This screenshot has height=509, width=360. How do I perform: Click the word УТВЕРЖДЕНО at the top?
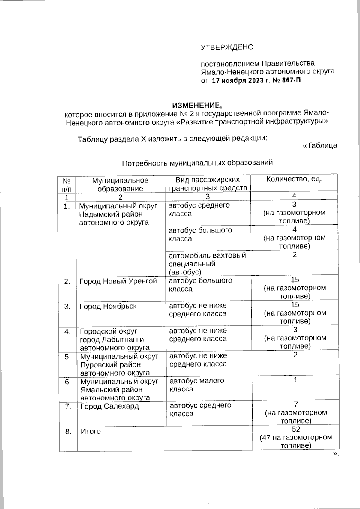(x=227, y=47)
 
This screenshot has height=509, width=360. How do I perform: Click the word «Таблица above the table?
(x=320, y=145)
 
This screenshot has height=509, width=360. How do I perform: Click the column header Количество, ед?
(x=294, y=179)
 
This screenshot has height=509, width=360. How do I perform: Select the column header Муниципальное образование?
(x=120, y=184)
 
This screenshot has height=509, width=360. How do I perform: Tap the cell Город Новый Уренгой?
(x=118, y=281)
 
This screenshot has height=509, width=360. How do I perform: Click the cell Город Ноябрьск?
(x=108, y=306)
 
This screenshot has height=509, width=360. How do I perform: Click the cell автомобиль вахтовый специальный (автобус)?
(x=207, y=263)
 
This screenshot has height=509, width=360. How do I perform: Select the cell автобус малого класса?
(x=197, y=385)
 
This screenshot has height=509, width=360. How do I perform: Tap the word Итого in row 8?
(x=91, y=431)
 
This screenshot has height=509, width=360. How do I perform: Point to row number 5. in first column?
(x=68, y=357)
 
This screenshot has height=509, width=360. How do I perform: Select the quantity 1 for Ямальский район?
(x=295, y=380)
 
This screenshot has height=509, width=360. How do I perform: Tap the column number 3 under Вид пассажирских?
(x=208, y=197)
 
